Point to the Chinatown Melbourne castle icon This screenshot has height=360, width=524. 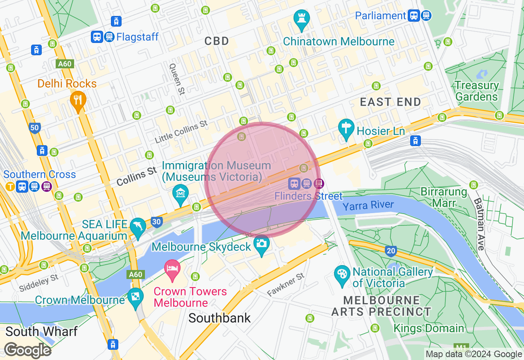coord(302,19)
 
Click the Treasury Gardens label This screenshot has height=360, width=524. coord(477,91)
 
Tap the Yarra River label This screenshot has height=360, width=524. coord(368,205)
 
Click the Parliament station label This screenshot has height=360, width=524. coord(380,16)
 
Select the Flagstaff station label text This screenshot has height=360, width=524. coord(137,37)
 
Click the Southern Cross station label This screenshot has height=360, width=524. coord(40,174)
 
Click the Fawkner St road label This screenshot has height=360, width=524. coord(286,285)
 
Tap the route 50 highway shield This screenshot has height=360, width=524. coord(34,128)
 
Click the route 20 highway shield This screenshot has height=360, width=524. coord(391,251)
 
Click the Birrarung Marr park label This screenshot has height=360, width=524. coord(444,197)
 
